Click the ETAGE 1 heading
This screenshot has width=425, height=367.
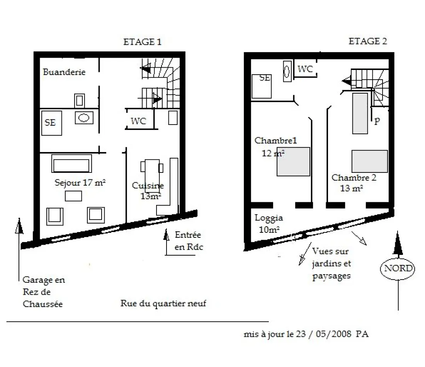click(142, 42)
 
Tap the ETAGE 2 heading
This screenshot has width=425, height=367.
click(367, 41)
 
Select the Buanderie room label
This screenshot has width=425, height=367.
click(64, 72)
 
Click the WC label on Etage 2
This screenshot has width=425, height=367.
click(305, 69)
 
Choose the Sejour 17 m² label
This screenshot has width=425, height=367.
click(80, 182)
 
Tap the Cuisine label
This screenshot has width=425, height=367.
click(148, 186)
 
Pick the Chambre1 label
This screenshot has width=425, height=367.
click(275, 140)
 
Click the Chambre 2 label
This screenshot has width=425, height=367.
click(354, 178)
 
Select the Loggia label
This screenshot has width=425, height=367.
click(269, 218)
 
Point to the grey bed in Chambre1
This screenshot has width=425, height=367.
click(293, 162)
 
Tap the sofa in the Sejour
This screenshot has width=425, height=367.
click(71, 164)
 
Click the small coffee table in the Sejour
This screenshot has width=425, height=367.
click(73, 196)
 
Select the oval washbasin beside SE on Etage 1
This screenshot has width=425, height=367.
click(84, 118)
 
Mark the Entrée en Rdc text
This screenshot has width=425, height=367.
click(189, 241)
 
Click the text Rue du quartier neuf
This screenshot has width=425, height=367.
click(163, 303)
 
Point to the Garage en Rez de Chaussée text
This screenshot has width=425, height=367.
click(44, 292)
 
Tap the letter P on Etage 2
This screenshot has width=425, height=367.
click(377, 121)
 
